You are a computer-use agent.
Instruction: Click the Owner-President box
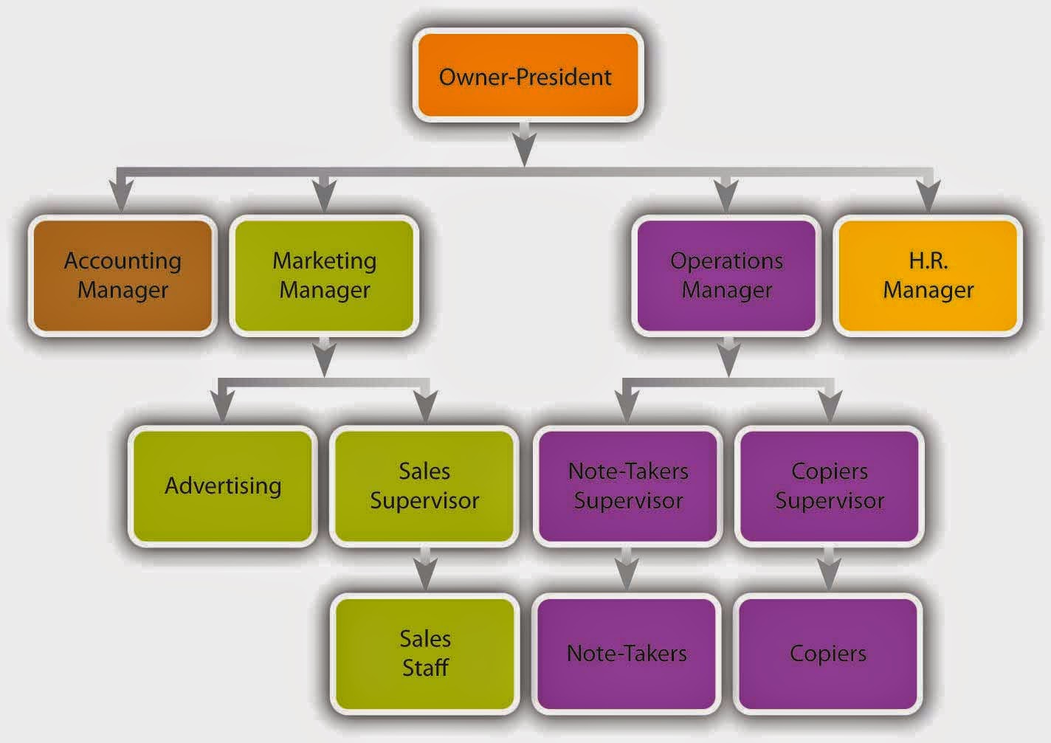pos(528,75)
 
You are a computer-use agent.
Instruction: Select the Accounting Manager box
pos(123,276)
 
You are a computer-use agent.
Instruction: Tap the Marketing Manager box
pos(324,276)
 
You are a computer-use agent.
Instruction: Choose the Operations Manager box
pos(726,276)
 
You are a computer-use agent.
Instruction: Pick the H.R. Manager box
pos(928,276)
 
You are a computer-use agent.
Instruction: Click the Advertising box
pos(223,486)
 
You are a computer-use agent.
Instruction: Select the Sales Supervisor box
pos(424,486)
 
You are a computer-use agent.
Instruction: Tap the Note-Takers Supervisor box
pos(628,486)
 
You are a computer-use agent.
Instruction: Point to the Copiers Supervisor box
pos(829,486)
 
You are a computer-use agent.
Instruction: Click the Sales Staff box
pos(425,654)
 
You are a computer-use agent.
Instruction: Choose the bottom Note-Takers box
pos(627,654)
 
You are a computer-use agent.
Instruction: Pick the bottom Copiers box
pos(827,654)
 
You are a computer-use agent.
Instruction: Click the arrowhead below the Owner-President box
pos(525,150)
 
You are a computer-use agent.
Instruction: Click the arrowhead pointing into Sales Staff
pos(425,575)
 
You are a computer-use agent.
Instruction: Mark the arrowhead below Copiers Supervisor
pos(829,575)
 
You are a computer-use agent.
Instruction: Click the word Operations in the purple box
pos(726,261)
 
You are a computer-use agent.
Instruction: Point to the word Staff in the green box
pos(426,668)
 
